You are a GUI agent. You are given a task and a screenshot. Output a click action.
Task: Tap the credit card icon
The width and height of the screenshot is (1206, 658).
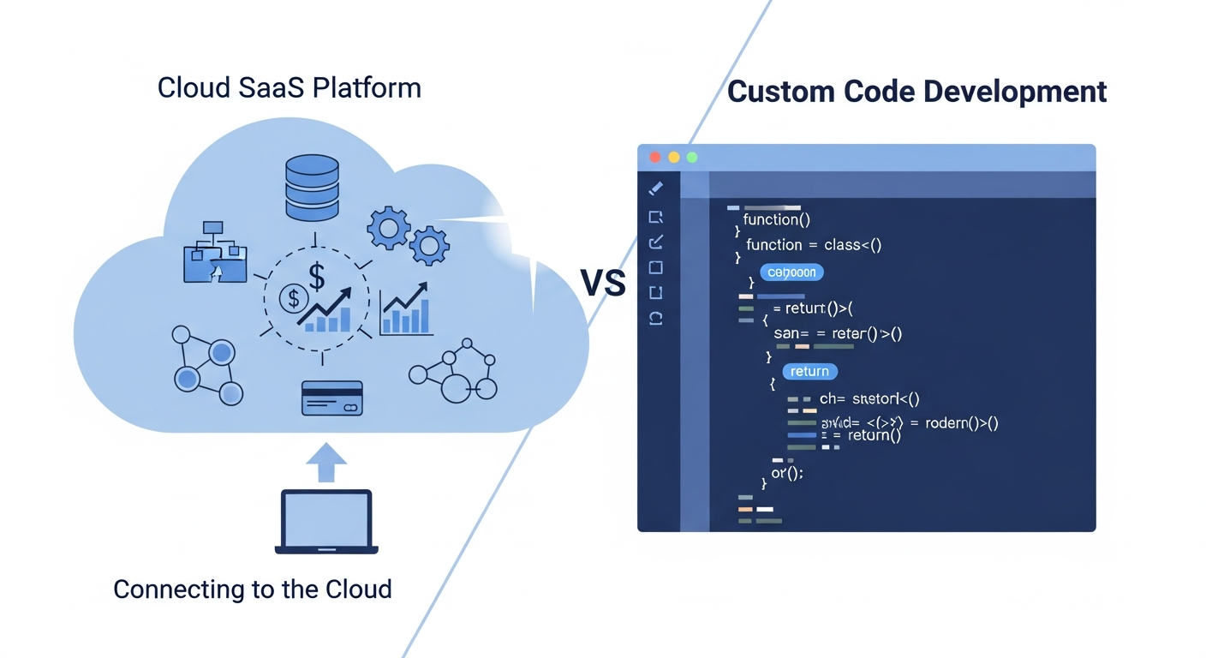click(331, 398)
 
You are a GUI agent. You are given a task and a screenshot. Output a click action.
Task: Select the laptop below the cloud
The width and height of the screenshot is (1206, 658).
click(326, 521)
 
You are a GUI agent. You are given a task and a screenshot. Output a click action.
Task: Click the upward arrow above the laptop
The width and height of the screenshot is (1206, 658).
click(326, 463)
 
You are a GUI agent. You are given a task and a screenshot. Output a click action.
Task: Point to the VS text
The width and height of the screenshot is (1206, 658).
click(603, 283)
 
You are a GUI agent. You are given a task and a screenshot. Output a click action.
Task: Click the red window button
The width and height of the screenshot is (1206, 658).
click(655, 158)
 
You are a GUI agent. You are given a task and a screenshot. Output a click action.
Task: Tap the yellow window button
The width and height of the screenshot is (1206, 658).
click(674, 158)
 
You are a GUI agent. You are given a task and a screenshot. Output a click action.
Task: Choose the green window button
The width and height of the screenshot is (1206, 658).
click(692, 158)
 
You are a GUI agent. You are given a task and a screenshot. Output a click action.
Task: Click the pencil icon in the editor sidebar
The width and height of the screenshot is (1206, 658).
click(656, 188)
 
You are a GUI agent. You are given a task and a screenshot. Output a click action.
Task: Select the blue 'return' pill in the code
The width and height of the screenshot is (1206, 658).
click(809, 371)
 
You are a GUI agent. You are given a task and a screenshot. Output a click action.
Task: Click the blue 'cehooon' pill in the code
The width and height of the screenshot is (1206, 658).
click(791, 272)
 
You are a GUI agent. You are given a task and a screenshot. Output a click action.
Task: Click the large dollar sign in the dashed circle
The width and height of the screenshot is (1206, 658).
click(317, 276)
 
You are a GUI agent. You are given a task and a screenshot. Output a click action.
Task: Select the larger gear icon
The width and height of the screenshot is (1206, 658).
click(388, 227)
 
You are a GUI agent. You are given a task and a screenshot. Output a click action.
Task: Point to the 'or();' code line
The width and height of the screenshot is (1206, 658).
click(787, 472)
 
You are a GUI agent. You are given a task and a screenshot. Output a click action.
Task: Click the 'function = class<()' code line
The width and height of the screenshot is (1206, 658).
click(813, 245)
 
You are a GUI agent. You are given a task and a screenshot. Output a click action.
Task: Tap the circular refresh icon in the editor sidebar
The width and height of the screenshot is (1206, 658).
click(656, 318)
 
